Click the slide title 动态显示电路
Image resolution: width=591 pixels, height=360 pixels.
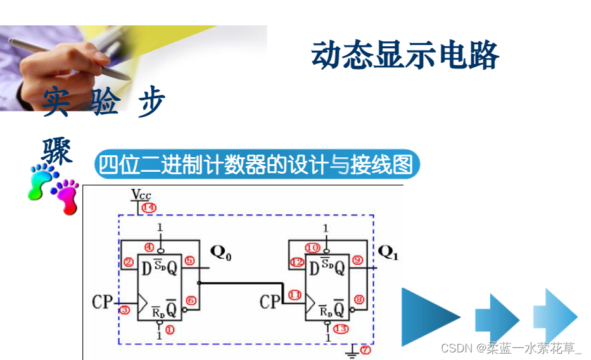click(x=405, y=56)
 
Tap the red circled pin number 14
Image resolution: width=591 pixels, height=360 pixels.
click(x=148, y=207)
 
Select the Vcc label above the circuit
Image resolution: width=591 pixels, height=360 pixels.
click(x=141, y=194)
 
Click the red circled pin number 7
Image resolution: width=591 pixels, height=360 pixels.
click(x=364, y=349)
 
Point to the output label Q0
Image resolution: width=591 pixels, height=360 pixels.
click(x=221, y=254)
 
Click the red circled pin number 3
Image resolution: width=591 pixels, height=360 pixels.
click(x=125, y=310)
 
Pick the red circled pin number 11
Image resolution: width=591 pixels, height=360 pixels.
click(x=295, y=295)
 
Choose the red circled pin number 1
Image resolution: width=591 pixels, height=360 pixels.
click(x=169, y=329)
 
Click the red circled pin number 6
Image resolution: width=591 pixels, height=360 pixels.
click(x=191, y=300)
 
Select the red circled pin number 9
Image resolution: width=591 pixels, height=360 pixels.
click(x=357, y=260)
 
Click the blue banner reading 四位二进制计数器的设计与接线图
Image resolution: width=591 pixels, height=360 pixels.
click(x=257, y=165)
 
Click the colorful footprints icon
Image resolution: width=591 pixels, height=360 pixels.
click(x=53, y=186)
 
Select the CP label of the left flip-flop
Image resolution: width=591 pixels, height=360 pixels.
click(x=101, y=302)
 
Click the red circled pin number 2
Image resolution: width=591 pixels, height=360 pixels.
click(x=129, y=262)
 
